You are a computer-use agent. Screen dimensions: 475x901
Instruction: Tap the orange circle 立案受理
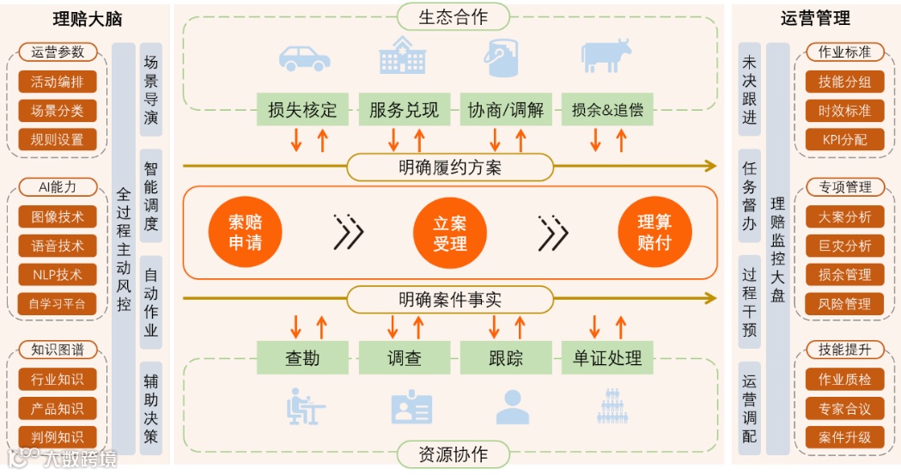(x=450, y=232)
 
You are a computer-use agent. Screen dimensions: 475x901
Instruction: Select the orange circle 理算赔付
(x=654, y=232)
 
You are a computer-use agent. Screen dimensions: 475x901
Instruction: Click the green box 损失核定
(x=302, y=110)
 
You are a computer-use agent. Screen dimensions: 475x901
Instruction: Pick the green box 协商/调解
(x=505, y=110)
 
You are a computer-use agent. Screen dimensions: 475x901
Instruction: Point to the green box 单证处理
(x=607, y=357)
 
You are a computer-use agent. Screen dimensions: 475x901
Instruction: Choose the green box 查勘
(x=302, y=357)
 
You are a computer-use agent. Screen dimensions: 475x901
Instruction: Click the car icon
(x=304, y=58)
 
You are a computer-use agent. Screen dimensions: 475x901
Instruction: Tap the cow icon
(x=606, y=57)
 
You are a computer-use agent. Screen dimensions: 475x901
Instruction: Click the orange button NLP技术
(x=58, y=275)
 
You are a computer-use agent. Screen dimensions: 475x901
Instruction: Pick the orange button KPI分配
(x=844, y=139)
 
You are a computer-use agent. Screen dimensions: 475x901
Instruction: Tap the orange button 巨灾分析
(x=844, y=247)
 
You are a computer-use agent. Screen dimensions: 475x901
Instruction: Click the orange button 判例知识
(x=58, y=437)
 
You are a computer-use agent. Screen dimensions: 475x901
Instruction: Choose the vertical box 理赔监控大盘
(x=777, y=249)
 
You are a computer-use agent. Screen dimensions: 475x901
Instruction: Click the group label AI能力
(x=58, y=187)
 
